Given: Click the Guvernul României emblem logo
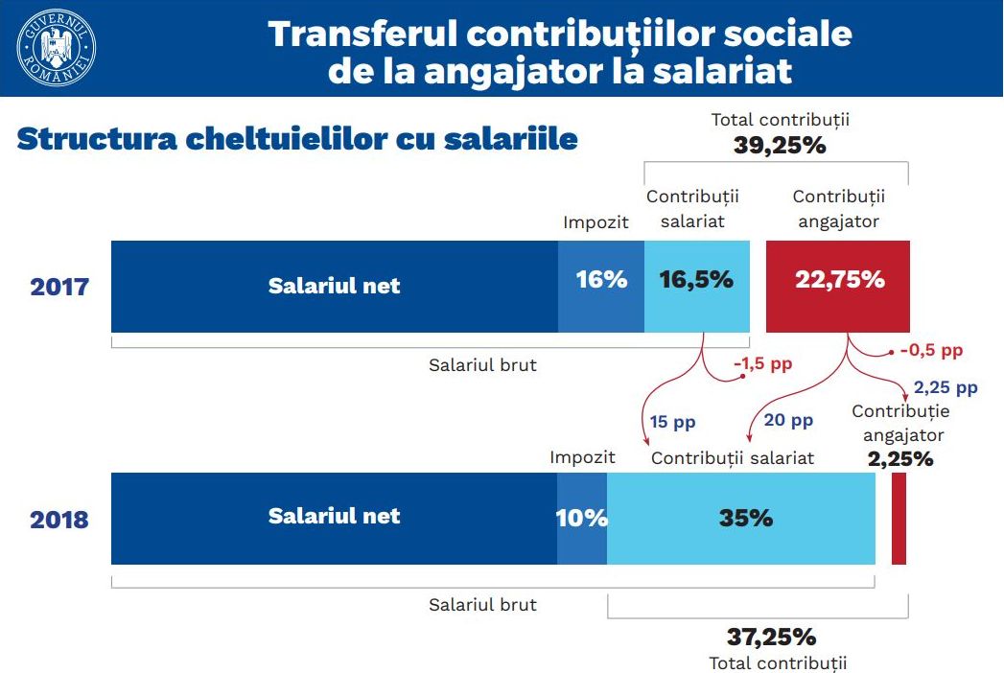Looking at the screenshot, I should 57,47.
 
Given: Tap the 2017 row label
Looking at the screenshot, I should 59,287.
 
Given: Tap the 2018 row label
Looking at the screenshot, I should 59,520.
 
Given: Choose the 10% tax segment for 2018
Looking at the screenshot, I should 582,519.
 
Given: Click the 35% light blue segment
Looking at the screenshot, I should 741,519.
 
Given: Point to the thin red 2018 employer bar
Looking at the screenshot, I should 899,519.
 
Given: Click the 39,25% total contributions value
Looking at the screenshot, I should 780,146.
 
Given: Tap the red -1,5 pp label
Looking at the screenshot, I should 762,364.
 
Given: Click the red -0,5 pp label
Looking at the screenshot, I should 930,350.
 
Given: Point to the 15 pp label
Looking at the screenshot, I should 672,421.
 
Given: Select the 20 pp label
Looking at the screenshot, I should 787,420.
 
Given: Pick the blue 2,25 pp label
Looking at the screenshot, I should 946,387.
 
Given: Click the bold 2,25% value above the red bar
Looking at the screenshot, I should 900,458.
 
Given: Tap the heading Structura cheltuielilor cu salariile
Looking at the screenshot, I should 297,139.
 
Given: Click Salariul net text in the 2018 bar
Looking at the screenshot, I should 334,516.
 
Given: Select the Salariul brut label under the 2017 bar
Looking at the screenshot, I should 482,364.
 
